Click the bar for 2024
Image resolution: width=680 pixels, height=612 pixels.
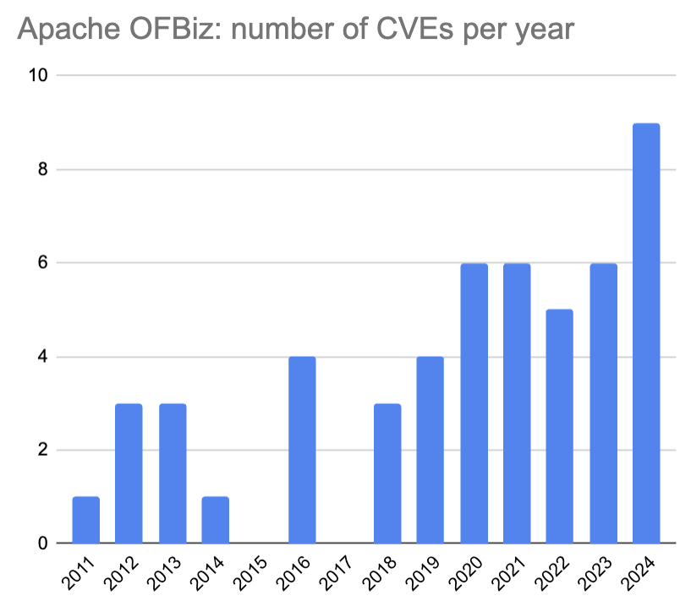pos(646,333)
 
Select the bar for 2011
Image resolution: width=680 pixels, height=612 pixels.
pos(86,520)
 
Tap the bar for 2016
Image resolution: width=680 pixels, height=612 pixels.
pos(302,450)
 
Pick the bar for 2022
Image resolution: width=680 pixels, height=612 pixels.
pos(560,426)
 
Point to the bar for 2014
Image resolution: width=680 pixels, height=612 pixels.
pos(215,520)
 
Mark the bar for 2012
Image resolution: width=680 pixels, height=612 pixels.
pos(129,473)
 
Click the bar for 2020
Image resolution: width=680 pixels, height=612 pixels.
pos(474,403)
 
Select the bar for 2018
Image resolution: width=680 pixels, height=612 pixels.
pos(387,473)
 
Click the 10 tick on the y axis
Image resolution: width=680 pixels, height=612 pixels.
pos(38,76)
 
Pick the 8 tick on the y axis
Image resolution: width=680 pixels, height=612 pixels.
pos(42,169)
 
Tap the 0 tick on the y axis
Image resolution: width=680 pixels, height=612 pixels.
pos(42,544)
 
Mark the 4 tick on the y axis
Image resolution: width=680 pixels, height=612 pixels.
pos(42,357)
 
